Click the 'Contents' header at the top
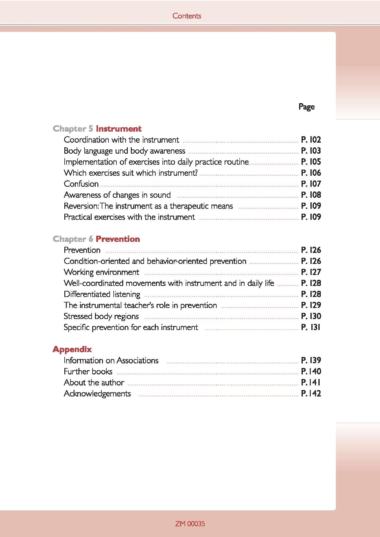pyautogui.click(x=187, y=16)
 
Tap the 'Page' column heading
pyautogui.click(x=306, y=107)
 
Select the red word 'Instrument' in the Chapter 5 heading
pyautogui.click(x=119, y=129)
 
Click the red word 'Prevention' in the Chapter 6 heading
pyautogui.click(x=118, y=239)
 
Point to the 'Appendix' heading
pyautogui.click(x=72, y=349)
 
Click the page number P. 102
pyautogui.click(x=311, y=140)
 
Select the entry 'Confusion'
pyautogui.click(x=81, y=184)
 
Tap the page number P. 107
pyautogui.click(x=311, y=184)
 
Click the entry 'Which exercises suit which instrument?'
pyautogui.click(x=131, y=173)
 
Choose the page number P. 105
pyautogui.click(x=311, y=162)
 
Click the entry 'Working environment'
pyautogui.click(x=101, y=272)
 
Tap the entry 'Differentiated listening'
pyautogui.click(x=102, y=294)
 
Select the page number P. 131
pyautogui.click(x=311, y=327)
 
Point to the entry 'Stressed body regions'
pyautogui.click(x=101, y=316)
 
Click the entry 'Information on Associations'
pyautogui.click(x=111, y=360)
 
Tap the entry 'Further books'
pyautogui.click(x=88, y=371)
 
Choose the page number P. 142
pyautogui.click(x=311, y=393)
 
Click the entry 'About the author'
pyautogui.click(x=94, y=382)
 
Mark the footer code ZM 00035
pyautogui.click(x=190, y=524)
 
